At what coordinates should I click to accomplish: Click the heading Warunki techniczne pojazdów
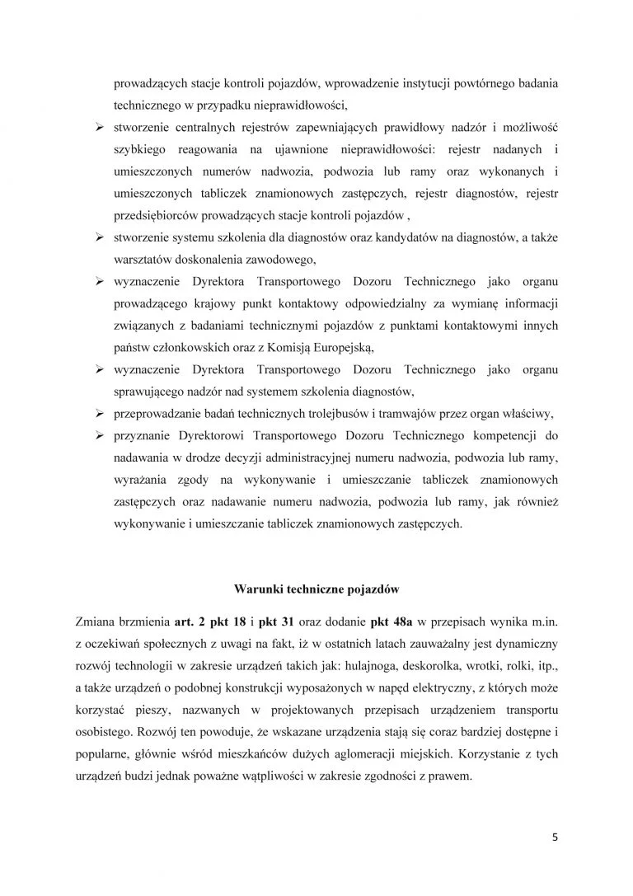coord(316,589)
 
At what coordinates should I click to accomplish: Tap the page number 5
coord(556,837)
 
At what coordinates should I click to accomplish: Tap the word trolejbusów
coord(326,412)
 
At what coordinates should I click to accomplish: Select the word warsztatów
coord(143,261)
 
